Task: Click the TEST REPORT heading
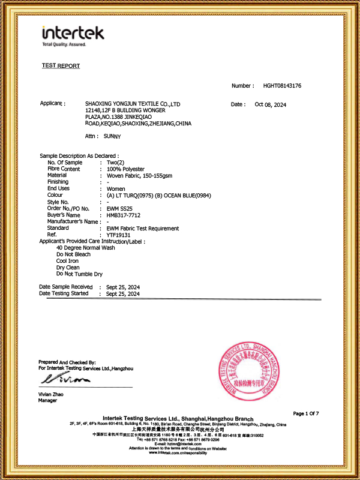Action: (61, 66)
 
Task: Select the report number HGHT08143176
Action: (282, 86)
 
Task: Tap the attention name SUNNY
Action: (112, 136)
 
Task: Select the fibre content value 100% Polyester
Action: (127, 169)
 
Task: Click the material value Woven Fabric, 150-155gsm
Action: (139, 175)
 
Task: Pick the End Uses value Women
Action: (116, 189)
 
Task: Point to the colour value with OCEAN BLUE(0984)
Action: (158, 196)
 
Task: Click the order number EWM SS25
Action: (118, 208)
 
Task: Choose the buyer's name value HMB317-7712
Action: (124, 215)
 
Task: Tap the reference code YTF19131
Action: (119, 235)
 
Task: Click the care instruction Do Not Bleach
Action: (74, 254)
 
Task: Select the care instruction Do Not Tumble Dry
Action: (80, 274)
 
